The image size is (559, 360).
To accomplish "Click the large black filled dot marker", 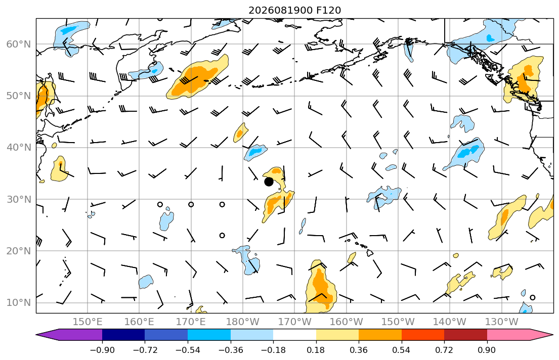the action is [x=269, y=182].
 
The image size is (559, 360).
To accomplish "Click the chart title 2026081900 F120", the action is [x=294, y=10].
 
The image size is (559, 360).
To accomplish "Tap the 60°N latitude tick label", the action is [x=19, y=44].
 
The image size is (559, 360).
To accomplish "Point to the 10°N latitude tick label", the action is [x=19, y=303].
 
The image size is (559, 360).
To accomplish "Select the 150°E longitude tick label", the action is [x=88, y=322].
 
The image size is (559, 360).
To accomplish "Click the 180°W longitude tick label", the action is [x=243, y=322].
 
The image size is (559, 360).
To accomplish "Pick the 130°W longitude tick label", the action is [x=502, y=322].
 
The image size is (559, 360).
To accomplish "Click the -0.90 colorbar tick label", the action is [x=102, y=350].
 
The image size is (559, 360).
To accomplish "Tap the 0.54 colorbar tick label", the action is [x=402, y=350].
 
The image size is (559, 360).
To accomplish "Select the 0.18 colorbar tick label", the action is [x=316, y=350].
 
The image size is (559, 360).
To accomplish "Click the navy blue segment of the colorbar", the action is [x=123, y=335].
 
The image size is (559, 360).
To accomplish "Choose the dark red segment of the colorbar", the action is [x=465, y=335].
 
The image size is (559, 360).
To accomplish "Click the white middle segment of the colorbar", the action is [x=294, y=335].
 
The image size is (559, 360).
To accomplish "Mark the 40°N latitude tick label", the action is [x=19, y=148].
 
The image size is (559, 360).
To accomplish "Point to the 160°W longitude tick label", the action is [x=346, y=322].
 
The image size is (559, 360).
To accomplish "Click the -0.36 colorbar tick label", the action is [x=230, y=350].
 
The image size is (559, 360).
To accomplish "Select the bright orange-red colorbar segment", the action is [x=423, y=335].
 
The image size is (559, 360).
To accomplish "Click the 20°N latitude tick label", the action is [x=19, y=251].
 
